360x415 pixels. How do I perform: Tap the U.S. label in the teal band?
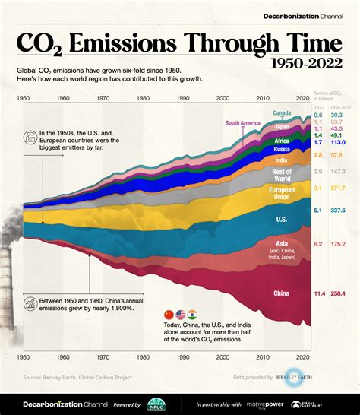280,218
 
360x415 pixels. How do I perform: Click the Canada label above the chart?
283,114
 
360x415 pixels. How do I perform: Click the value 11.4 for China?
319,292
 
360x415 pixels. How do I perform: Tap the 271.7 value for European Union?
339,188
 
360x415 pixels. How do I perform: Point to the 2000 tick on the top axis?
223,99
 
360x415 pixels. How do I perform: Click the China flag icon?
169,314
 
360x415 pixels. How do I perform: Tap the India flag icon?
193,314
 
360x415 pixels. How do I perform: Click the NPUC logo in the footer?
157,404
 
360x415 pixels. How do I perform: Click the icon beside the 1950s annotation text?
30,138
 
